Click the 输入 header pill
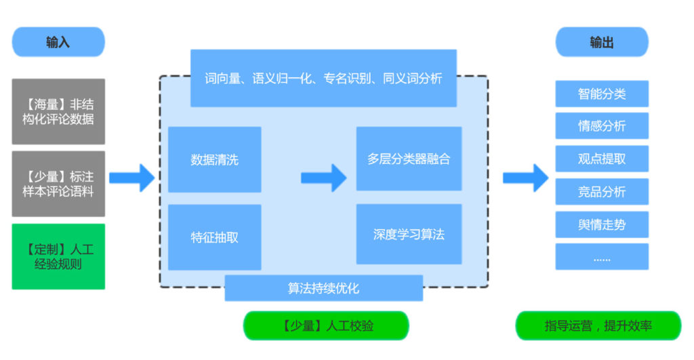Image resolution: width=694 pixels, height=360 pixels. pos(58,42)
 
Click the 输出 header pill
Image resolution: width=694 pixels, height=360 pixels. pos(602,42)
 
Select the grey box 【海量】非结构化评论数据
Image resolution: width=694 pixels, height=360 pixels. pos(58,111)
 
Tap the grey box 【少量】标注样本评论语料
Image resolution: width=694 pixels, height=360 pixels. pos(58,184)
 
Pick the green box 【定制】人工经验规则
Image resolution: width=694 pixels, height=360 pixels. pos(58,256)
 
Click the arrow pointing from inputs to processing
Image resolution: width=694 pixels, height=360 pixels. pos(131,178)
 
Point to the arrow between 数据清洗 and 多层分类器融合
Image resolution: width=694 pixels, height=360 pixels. pos(323,178)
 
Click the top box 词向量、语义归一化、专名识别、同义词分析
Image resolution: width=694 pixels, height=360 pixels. pos(323,78)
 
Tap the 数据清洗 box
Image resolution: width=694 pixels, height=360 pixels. pos(214,160)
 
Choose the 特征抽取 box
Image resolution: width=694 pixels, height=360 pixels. pos(214,237)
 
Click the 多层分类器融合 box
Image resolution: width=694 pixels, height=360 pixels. pos(409,159)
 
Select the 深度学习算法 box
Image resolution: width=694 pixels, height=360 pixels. pos(409,235)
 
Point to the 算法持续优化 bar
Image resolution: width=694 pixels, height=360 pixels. pos(323,288)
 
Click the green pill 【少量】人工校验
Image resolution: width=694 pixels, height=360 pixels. pos(326,325)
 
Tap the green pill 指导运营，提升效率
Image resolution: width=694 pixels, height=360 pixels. pos(598,325)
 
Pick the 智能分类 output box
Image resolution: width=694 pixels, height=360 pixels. pos(602,94)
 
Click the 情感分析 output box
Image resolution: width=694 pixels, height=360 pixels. pos(602,126)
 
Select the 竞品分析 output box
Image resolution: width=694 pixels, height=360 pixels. pos(602,192)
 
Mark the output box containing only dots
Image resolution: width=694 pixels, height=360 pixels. pos(602,257)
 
